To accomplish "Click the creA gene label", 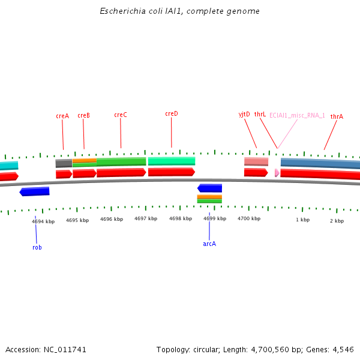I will click(x=62, y=116).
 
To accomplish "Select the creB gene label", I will click(x=83, y=116).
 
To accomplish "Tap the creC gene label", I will click(x=120, y=115).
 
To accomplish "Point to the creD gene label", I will click(x=171, y=113).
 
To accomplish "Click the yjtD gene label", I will click(x=244, y=114).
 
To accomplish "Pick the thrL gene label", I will click(x=260, y=114).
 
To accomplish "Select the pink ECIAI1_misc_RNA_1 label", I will click(x=297, y=115).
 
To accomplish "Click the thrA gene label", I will click(x=337, y=116).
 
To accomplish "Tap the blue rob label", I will click(x=37, y=247).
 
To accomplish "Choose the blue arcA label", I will click(x=209, y=244).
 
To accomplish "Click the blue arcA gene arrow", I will click(x=209, y=188).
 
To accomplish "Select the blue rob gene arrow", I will click(x=34, y=191).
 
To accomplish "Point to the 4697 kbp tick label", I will click(x=146, y=219).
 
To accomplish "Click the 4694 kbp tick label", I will click(x=43, y=221).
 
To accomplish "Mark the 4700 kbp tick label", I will click(x=249, y=218).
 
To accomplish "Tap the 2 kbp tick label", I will click(x=337, y=221).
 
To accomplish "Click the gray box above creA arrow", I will click(x=64, y=163).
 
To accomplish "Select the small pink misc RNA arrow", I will click(x=277, y=173).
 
